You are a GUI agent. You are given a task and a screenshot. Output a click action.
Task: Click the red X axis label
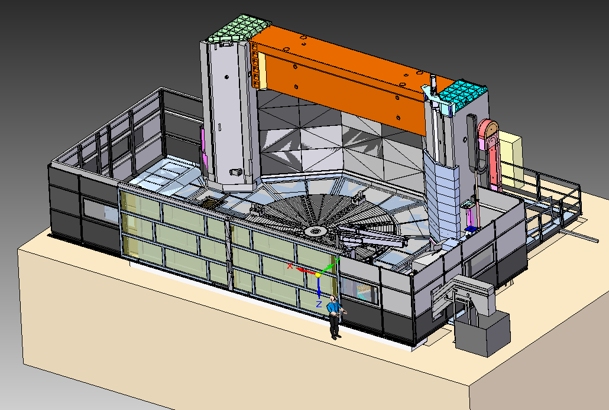pyautogui.click(x=290, y=266)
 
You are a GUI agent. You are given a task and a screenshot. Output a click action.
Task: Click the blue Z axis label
pyautogui.click(x=319, y=304)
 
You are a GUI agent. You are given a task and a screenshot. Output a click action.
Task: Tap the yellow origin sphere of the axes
pyautogui.click(x=318, y=275)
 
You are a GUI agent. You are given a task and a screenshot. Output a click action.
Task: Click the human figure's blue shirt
pyautogui.click(x=332, y=308)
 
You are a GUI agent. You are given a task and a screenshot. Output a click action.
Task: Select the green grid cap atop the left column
pyautogui.click(x=239, y=28)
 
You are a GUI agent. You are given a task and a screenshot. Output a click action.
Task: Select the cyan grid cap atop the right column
pyautogui.click(x=462, y=94)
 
